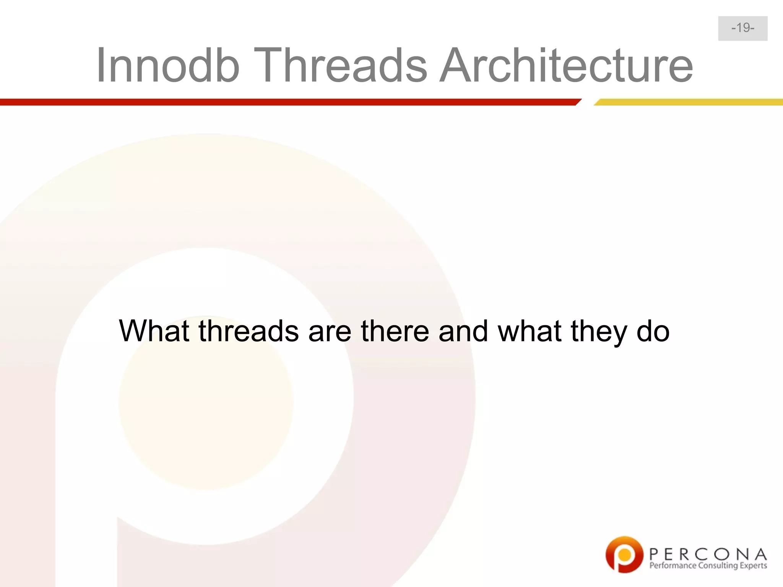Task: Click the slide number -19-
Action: click(x=742, y=28)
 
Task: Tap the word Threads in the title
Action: click(x=343, y=65)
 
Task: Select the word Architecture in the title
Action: click(x=566, y=65)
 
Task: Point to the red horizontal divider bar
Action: click(x=287, y=102)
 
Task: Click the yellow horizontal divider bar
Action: click(x=688, y=102)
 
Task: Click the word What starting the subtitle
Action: click(x=154, y=331)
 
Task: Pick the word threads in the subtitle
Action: click(x=249, y=331)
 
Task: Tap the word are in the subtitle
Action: click(x=330, y=331)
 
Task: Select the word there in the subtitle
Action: click(x=395, y=331)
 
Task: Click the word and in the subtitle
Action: click(x=463, y=331)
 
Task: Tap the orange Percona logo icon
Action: click(x=624, y=555)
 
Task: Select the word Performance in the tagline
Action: click(x=673, y=566)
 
